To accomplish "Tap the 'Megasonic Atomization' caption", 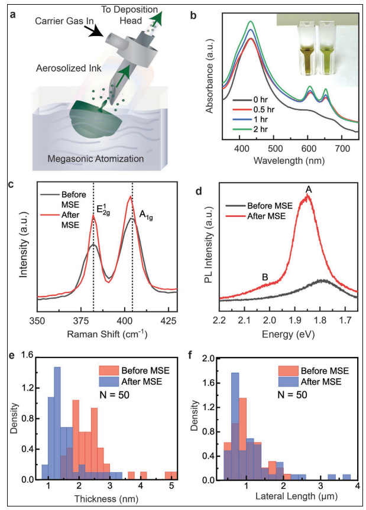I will pos(97,159).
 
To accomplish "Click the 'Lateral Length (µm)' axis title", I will pos(288,497).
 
